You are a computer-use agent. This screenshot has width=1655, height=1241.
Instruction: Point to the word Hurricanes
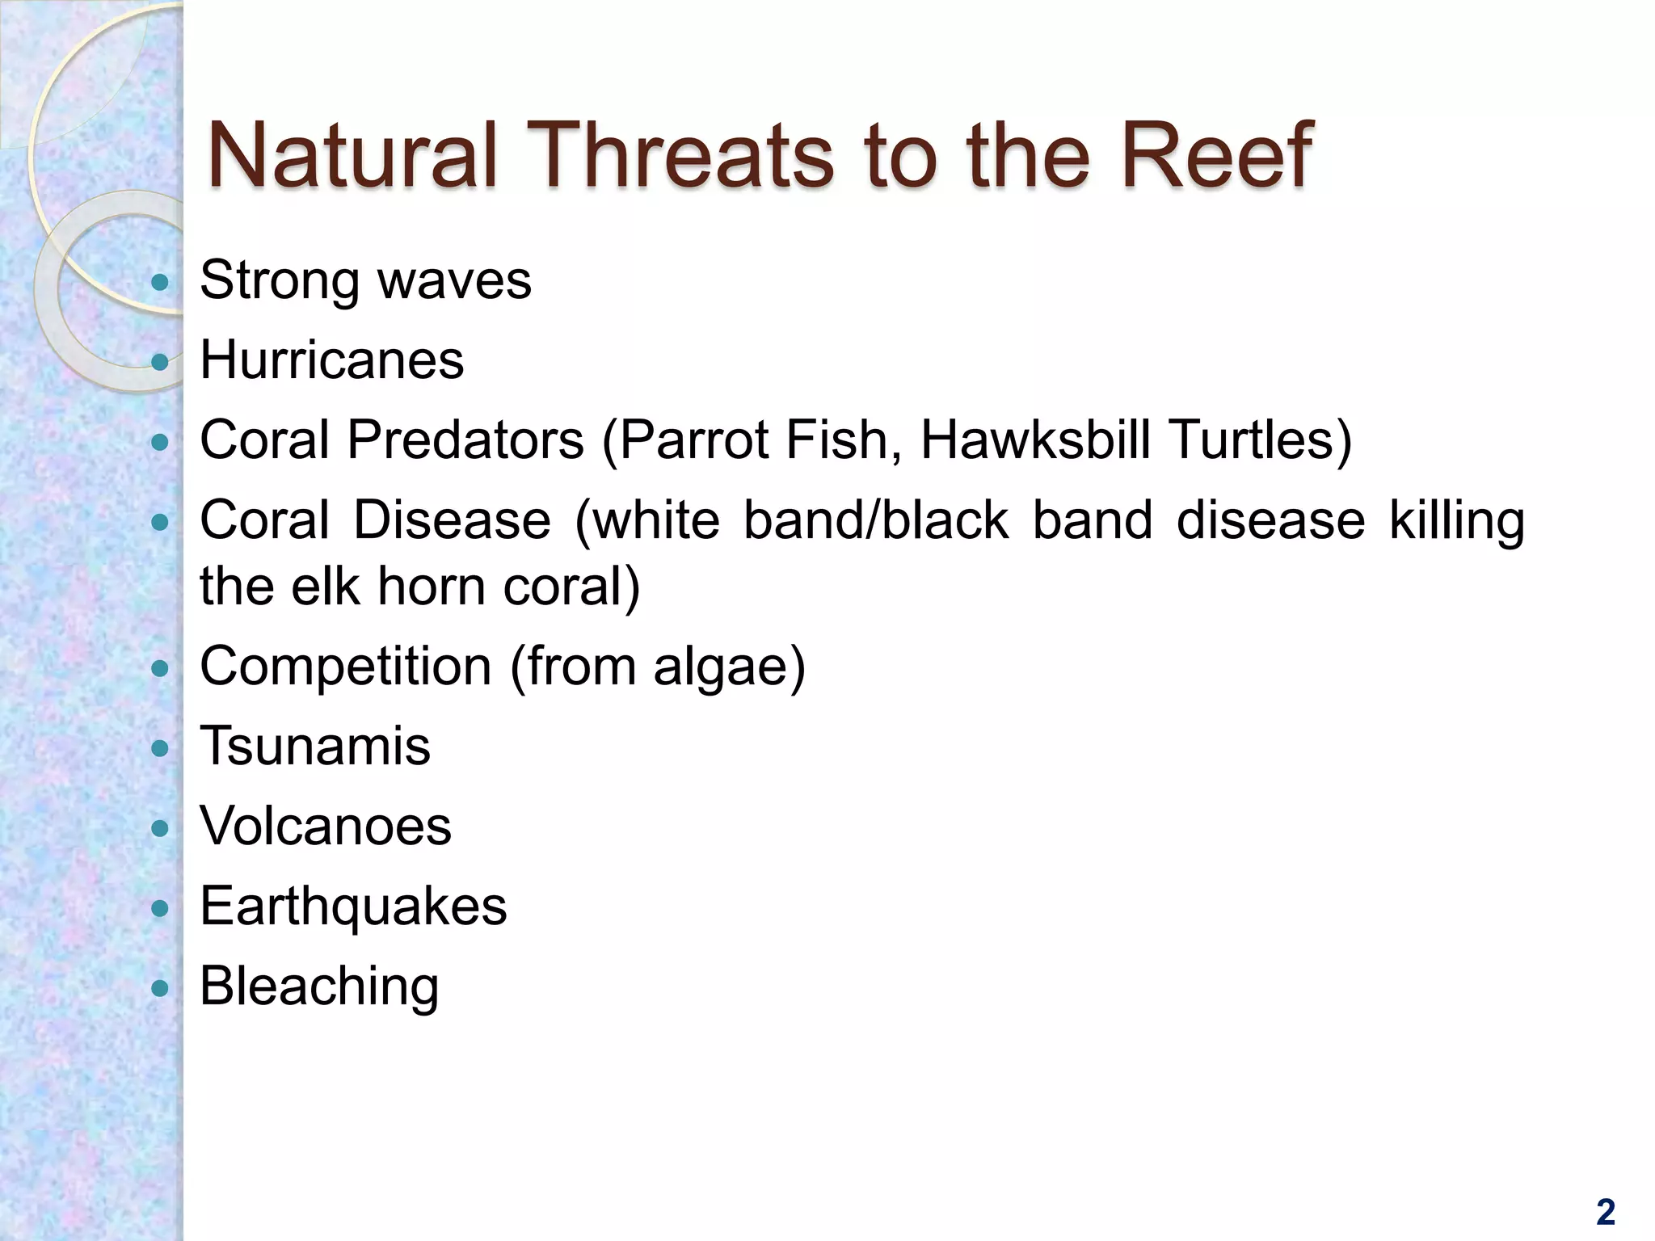[331, 360]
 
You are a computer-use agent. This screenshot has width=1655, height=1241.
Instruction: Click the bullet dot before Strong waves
[160, 282]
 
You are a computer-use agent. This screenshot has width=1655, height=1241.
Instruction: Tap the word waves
[454, 280]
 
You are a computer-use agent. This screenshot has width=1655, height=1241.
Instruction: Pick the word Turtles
[1261, 440]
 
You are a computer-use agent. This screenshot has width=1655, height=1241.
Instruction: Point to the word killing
[1456, 521]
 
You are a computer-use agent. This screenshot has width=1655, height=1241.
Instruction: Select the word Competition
[345, 667]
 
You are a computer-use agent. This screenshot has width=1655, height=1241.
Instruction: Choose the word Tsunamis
[314, 746]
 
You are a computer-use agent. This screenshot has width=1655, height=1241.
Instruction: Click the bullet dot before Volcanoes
[160, 828]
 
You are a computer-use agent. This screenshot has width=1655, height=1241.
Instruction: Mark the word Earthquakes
[353, 907]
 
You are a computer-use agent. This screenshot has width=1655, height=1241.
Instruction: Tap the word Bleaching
[319, 986]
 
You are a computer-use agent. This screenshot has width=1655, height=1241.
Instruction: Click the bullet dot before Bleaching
[160, 987]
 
